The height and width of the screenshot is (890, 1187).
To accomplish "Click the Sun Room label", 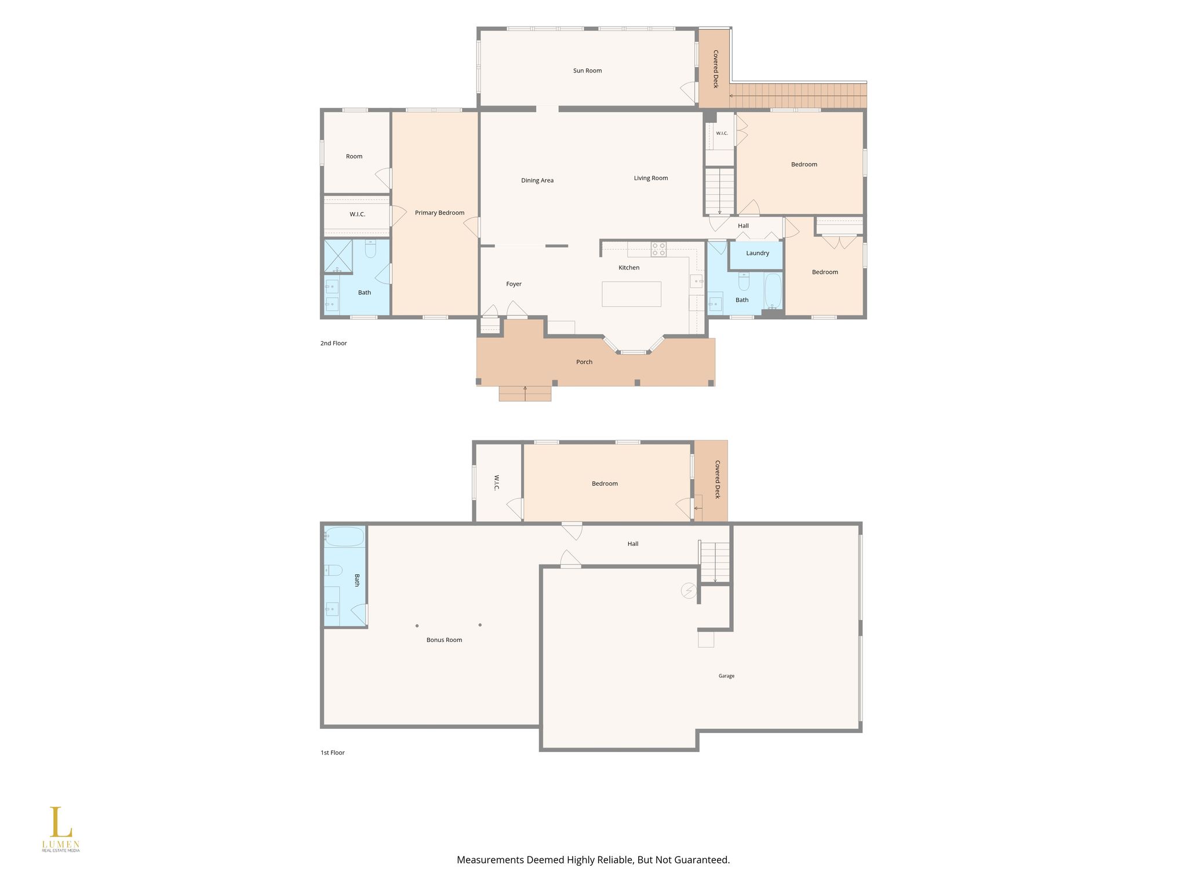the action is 587,71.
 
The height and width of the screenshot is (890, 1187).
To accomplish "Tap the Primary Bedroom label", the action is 439,213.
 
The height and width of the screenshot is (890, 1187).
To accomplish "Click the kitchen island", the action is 631,294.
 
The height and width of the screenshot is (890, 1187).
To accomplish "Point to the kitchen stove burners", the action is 658,249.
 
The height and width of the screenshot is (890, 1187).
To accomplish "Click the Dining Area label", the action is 537,181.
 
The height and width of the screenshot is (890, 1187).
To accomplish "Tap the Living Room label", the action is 650,178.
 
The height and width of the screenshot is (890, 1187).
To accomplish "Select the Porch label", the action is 584,362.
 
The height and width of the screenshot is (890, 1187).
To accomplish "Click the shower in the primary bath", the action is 338,256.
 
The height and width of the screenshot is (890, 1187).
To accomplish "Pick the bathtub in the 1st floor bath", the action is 344,537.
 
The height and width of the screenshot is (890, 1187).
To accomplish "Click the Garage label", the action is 726,676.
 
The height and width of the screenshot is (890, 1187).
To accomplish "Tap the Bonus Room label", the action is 444,640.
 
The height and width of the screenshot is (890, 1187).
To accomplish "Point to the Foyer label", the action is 514,284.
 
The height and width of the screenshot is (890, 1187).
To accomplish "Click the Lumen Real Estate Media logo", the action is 60,829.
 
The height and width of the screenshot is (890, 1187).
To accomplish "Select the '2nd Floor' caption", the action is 333,344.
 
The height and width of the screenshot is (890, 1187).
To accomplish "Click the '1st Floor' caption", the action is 333,753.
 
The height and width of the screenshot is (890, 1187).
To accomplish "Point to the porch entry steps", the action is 525,393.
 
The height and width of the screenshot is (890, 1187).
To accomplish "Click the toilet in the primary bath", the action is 371,249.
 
